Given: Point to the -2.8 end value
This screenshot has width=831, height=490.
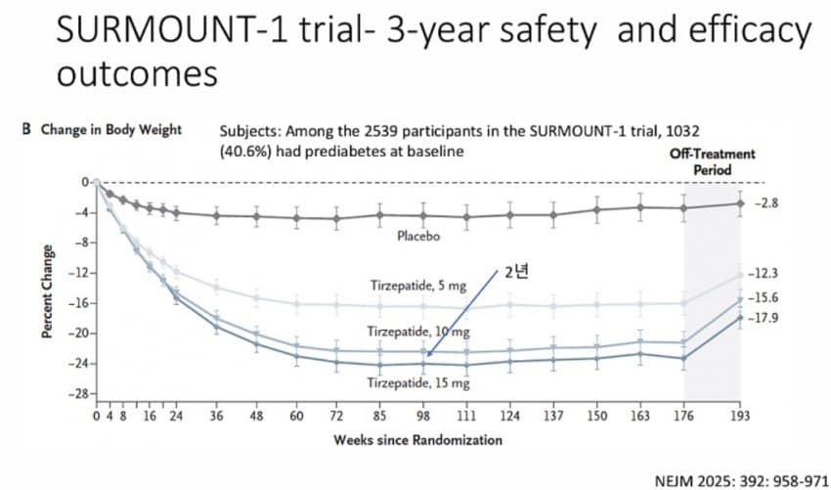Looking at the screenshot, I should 767,202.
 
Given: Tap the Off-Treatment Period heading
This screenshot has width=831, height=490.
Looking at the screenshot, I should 712,162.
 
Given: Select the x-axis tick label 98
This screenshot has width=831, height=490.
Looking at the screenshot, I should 423,416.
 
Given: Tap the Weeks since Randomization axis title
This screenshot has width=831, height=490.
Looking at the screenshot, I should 418,440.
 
